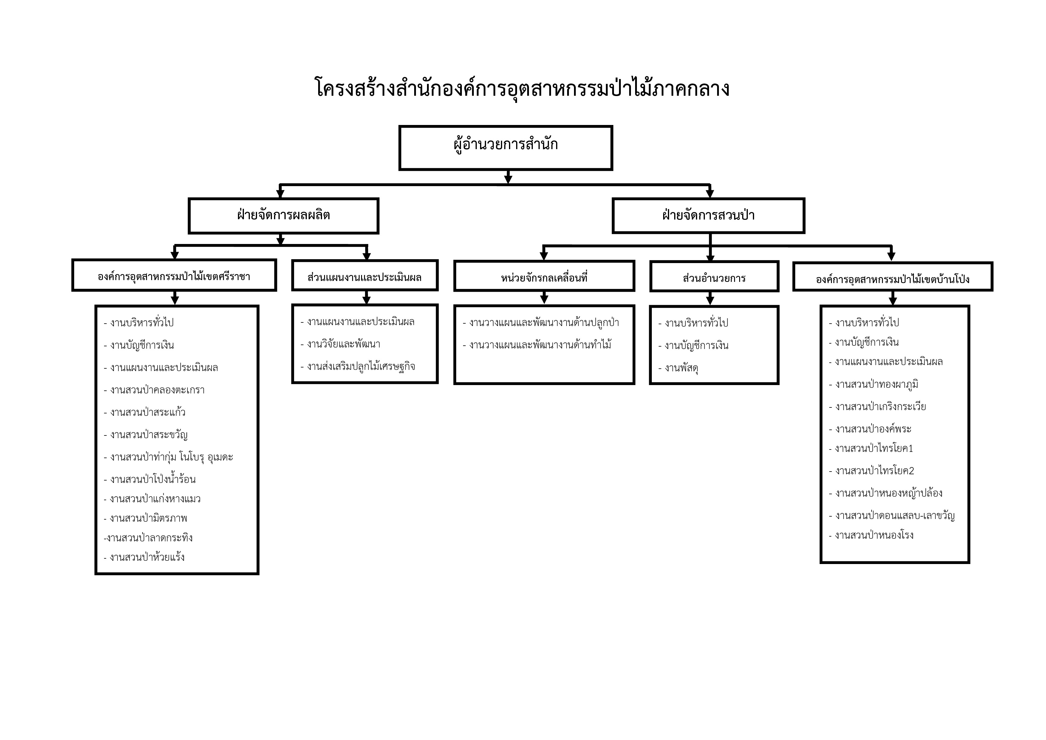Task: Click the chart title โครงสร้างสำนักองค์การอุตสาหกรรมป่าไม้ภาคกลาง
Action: [522, 88]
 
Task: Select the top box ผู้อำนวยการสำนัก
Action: [506, 148]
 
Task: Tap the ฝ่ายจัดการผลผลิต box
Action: [283, 216]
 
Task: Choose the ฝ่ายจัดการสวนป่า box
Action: [708, 216]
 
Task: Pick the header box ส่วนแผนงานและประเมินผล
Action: [365, 275]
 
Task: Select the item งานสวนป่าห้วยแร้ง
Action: [144, 557]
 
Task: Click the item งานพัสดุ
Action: [679, 368]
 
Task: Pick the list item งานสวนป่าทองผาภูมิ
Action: [874, 384]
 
